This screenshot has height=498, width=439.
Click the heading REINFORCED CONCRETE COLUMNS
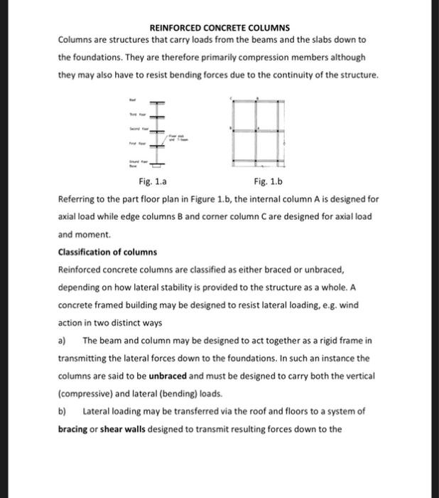point(215,28)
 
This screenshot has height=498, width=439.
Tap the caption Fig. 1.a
point(153,182)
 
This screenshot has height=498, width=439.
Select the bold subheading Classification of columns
point(107,252)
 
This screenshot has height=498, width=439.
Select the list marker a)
point(63,341)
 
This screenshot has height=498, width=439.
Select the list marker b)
point(63,411)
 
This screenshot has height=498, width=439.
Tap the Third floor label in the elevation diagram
point(134,114)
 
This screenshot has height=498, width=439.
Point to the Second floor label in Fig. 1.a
point(134,129)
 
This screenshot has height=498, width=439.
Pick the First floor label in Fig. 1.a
point(134,144)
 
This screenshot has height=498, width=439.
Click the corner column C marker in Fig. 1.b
point(231,98)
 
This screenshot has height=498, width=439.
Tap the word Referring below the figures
point(77,199)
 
